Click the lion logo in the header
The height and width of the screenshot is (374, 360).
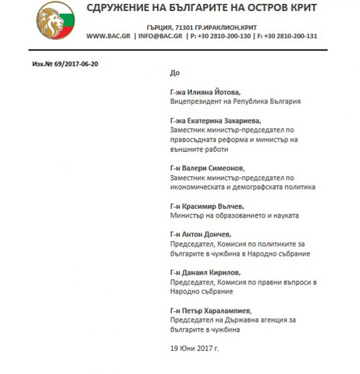click(55, 20)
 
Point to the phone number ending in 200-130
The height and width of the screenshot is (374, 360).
click(219, 36)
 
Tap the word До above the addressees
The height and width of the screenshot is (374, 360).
click(175, 73)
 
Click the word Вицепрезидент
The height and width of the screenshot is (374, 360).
click(193, 101)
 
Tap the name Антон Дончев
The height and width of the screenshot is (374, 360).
click(207, 234)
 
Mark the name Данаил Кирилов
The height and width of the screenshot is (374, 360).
click(211, 272)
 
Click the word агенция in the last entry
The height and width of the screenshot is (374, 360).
click(266, 320)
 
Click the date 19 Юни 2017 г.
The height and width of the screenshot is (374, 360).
click(194, 348)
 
